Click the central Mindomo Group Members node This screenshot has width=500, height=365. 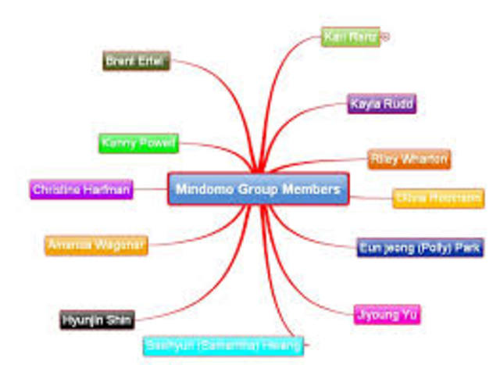[x=258, y=189]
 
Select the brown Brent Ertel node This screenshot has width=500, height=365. [x=137, y=61]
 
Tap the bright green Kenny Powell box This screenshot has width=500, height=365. [x=139, y=144]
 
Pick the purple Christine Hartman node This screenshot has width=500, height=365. [x=81, y=189]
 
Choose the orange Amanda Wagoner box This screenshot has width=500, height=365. [x=96, y=245]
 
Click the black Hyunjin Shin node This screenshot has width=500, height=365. [x=98, y=319]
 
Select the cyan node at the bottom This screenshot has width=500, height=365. [x=223, y=345]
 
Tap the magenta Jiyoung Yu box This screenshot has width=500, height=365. [x=387, y=315]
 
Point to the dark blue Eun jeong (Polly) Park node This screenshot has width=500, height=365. [x=420, y=248]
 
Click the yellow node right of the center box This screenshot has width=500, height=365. [x=437, y=199]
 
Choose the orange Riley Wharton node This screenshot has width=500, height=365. [x=409, y=159]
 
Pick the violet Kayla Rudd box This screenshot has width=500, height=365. [x=382, y=104]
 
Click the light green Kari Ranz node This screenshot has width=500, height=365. [x=351, y=37]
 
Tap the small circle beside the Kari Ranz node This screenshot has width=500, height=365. [x=385, y=36]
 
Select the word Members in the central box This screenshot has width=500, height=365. [x=314, y=189]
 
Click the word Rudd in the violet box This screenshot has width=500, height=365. [x=398, y=104]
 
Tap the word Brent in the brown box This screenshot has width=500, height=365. [x=120, y=61]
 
